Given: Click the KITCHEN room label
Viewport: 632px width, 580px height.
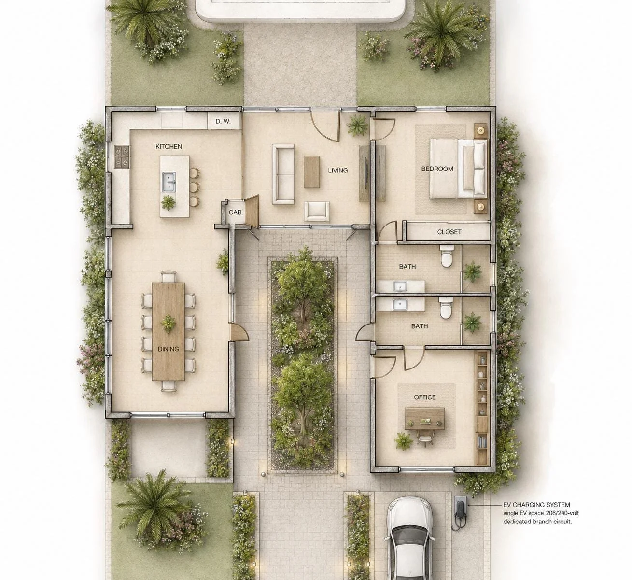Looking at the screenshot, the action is click(169, 147).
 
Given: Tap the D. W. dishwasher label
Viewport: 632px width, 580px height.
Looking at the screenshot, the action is click(223, 121).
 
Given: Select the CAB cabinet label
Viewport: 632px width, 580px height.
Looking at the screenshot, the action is click(235, 212).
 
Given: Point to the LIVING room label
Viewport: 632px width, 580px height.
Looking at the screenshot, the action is click(338, 170).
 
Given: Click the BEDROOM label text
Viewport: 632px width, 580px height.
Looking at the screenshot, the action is click(437, 169).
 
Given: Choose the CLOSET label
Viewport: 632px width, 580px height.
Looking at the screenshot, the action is click(449, 232).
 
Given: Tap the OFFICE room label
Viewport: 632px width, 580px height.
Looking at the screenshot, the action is click(425, 397).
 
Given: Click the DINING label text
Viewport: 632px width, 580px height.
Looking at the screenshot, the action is click(168, 349).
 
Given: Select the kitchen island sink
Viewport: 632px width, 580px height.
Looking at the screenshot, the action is click(169, 182).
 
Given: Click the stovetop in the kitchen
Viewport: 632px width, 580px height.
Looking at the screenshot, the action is click(122, 156).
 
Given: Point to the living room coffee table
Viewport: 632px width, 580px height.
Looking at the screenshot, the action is click(312, 172).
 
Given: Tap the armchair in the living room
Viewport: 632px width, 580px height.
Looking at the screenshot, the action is click(317, 211).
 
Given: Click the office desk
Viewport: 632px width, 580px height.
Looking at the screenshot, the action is click(425, 418).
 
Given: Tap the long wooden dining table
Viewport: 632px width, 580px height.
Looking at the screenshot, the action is click(168, 332).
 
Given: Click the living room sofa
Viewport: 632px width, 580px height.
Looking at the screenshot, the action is click(283, 174).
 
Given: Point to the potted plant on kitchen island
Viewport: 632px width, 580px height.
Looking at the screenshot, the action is click(168, 202).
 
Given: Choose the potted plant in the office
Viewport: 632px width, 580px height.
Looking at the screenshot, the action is click(403, 440).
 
